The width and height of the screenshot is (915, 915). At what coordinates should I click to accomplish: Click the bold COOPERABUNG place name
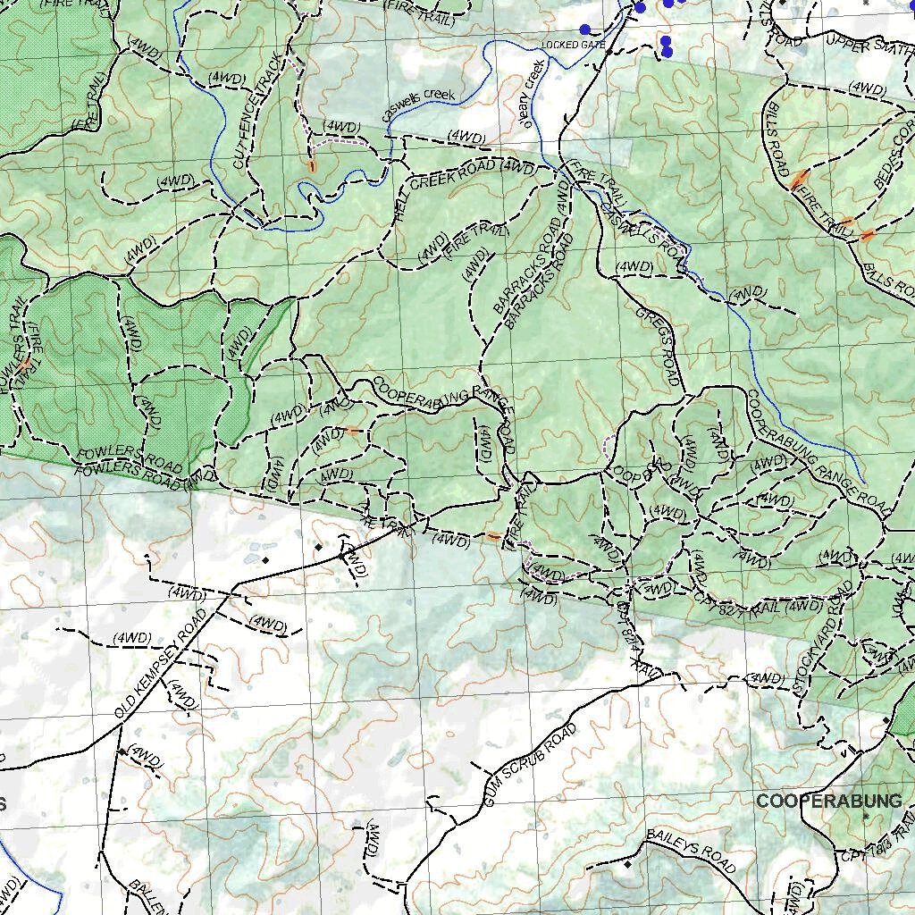point(828,802)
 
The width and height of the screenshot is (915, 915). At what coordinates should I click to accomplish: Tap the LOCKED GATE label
point(573,45)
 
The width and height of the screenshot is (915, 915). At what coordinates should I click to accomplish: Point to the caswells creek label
point(418,105)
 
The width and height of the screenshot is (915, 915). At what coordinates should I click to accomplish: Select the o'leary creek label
point(533,94)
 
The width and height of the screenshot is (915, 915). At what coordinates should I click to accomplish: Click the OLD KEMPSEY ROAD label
point(161,666)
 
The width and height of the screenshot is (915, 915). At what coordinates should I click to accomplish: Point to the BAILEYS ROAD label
point(690,854)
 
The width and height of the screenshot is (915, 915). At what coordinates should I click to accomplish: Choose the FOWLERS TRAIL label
point(17,357)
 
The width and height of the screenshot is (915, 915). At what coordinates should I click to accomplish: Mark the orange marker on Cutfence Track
point(312,166)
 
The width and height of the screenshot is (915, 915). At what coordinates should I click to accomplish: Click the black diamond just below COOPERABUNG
point(864,816)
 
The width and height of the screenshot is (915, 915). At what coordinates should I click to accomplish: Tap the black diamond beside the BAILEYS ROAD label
point(628,864)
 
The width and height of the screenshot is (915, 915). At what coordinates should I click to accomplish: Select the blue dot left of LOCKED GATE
point(584,29)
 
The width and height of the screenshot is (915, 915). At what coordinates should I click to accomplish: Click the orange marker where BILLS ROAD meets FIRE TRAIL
point(798,180)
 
